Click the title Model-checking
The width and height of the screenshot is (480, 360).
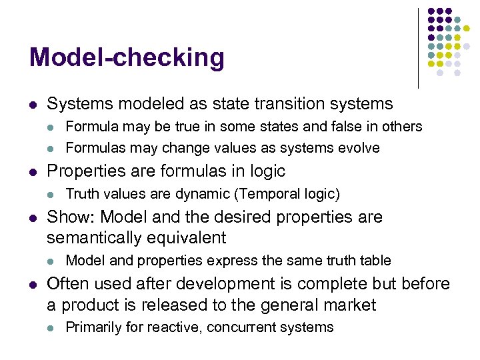(127, 59)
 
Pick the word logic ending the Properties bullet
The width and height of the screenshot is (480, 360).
(267, 171)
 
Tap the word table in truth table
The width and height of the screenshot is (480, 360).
(374, 261)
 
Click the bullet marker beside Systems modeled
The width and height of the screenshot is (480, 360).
(33, 105)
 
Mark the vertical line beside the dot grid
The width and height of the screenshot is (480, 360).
(418, 48)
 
